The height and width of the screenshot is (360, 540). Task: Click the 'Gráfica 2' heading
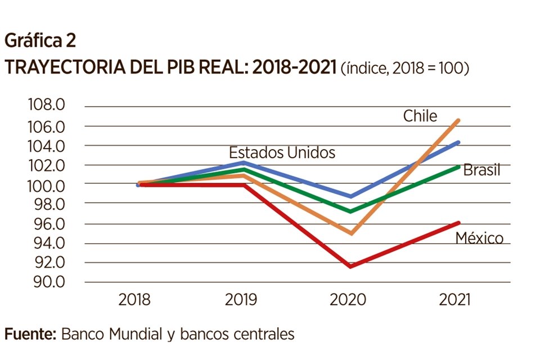click(x=39, y=40)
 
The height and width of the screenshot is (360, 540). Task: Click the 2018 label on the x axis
click(x=134, y=300)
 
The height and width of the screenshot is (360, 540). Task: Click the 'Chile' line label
click(x=420, y=116)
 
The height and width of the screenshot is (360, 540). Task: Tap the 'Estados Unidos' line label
click(x=282, y=152)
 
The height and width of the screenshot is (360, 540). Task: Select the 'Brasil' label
click(x=481, y=170)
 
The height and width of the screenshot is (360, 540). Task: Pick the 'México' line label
click(x=479, y=238)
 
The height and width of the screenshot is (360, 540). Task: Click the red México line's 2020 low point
click(x=351, y=266)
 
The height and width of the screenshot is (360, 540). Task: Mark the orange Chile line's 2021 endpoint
click(x=459, y=120)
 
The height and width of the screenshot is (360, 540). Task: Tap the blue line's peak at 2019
click(x=242, y=163)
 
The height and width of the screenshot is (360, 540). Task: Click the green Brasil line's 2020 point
click(x=351, y=211)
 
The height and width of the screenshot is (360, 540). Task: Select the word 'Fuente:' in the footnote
click(x=30, y=334)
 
